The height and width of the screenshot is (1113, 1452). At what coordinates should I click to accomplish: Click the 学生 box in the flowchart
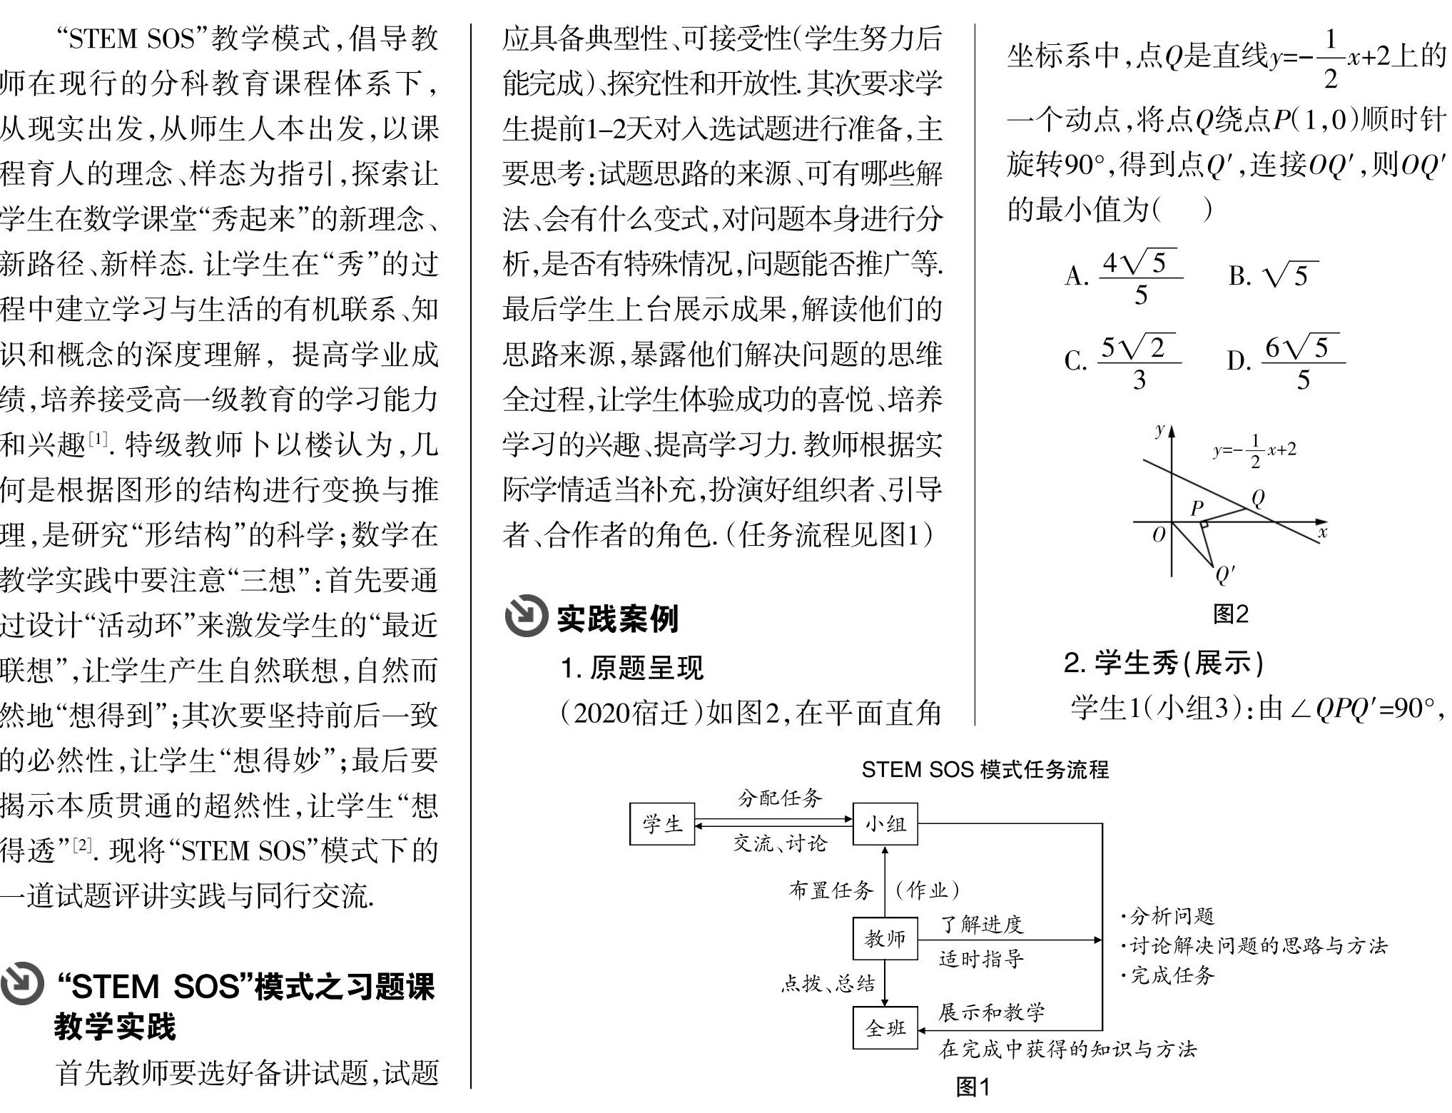pos(661,823)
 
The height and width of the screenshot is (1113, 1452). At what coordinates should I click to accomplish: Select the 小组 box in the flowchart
pos(885,823)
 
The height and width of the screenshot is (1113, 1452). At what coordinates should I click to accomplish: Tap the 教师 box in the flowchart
pos(885,938)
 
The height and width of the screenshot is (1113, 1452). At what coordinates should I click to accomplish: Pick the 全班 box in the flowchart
pos(885,1027)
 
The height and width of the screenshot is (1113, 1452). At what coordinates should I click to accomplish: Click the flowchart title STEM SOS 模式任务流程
pos(985,770)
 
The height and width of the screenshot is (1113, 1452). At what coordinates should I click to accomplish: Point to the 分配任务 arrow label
pos(780,798)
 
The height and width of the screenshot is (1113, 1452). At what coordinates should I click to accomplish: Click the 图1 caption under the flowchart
pos(973,1087)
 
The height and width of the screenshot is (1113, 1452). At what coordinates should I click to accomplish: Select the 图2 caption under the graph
pos(1231,614)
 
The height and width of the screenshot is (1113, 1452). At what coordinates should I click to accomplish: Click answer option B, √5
pos(1274,275)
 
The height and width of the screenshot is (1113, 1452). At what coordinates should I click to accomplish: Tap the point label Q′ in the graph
pos(1224,575)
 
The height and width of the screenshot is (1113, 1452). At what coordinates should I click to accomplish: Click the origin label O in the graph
pos(1159,534)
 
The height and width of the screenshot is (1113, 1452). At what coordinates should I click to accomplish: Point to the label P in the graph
pos(1197,507)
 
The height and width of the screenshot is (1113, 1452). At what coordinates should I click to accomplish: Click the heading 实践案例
pos(617,618)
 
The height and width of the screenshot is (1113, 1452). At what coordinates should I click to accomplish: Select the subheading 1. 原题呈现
pos(631,668)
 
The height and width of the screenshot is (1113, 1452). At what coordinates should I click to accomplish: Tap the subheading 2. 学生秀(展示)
pos(1163,663)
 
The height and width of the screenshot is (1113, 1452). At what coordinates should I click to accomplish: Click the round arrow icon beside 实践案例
pos(526,616)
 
